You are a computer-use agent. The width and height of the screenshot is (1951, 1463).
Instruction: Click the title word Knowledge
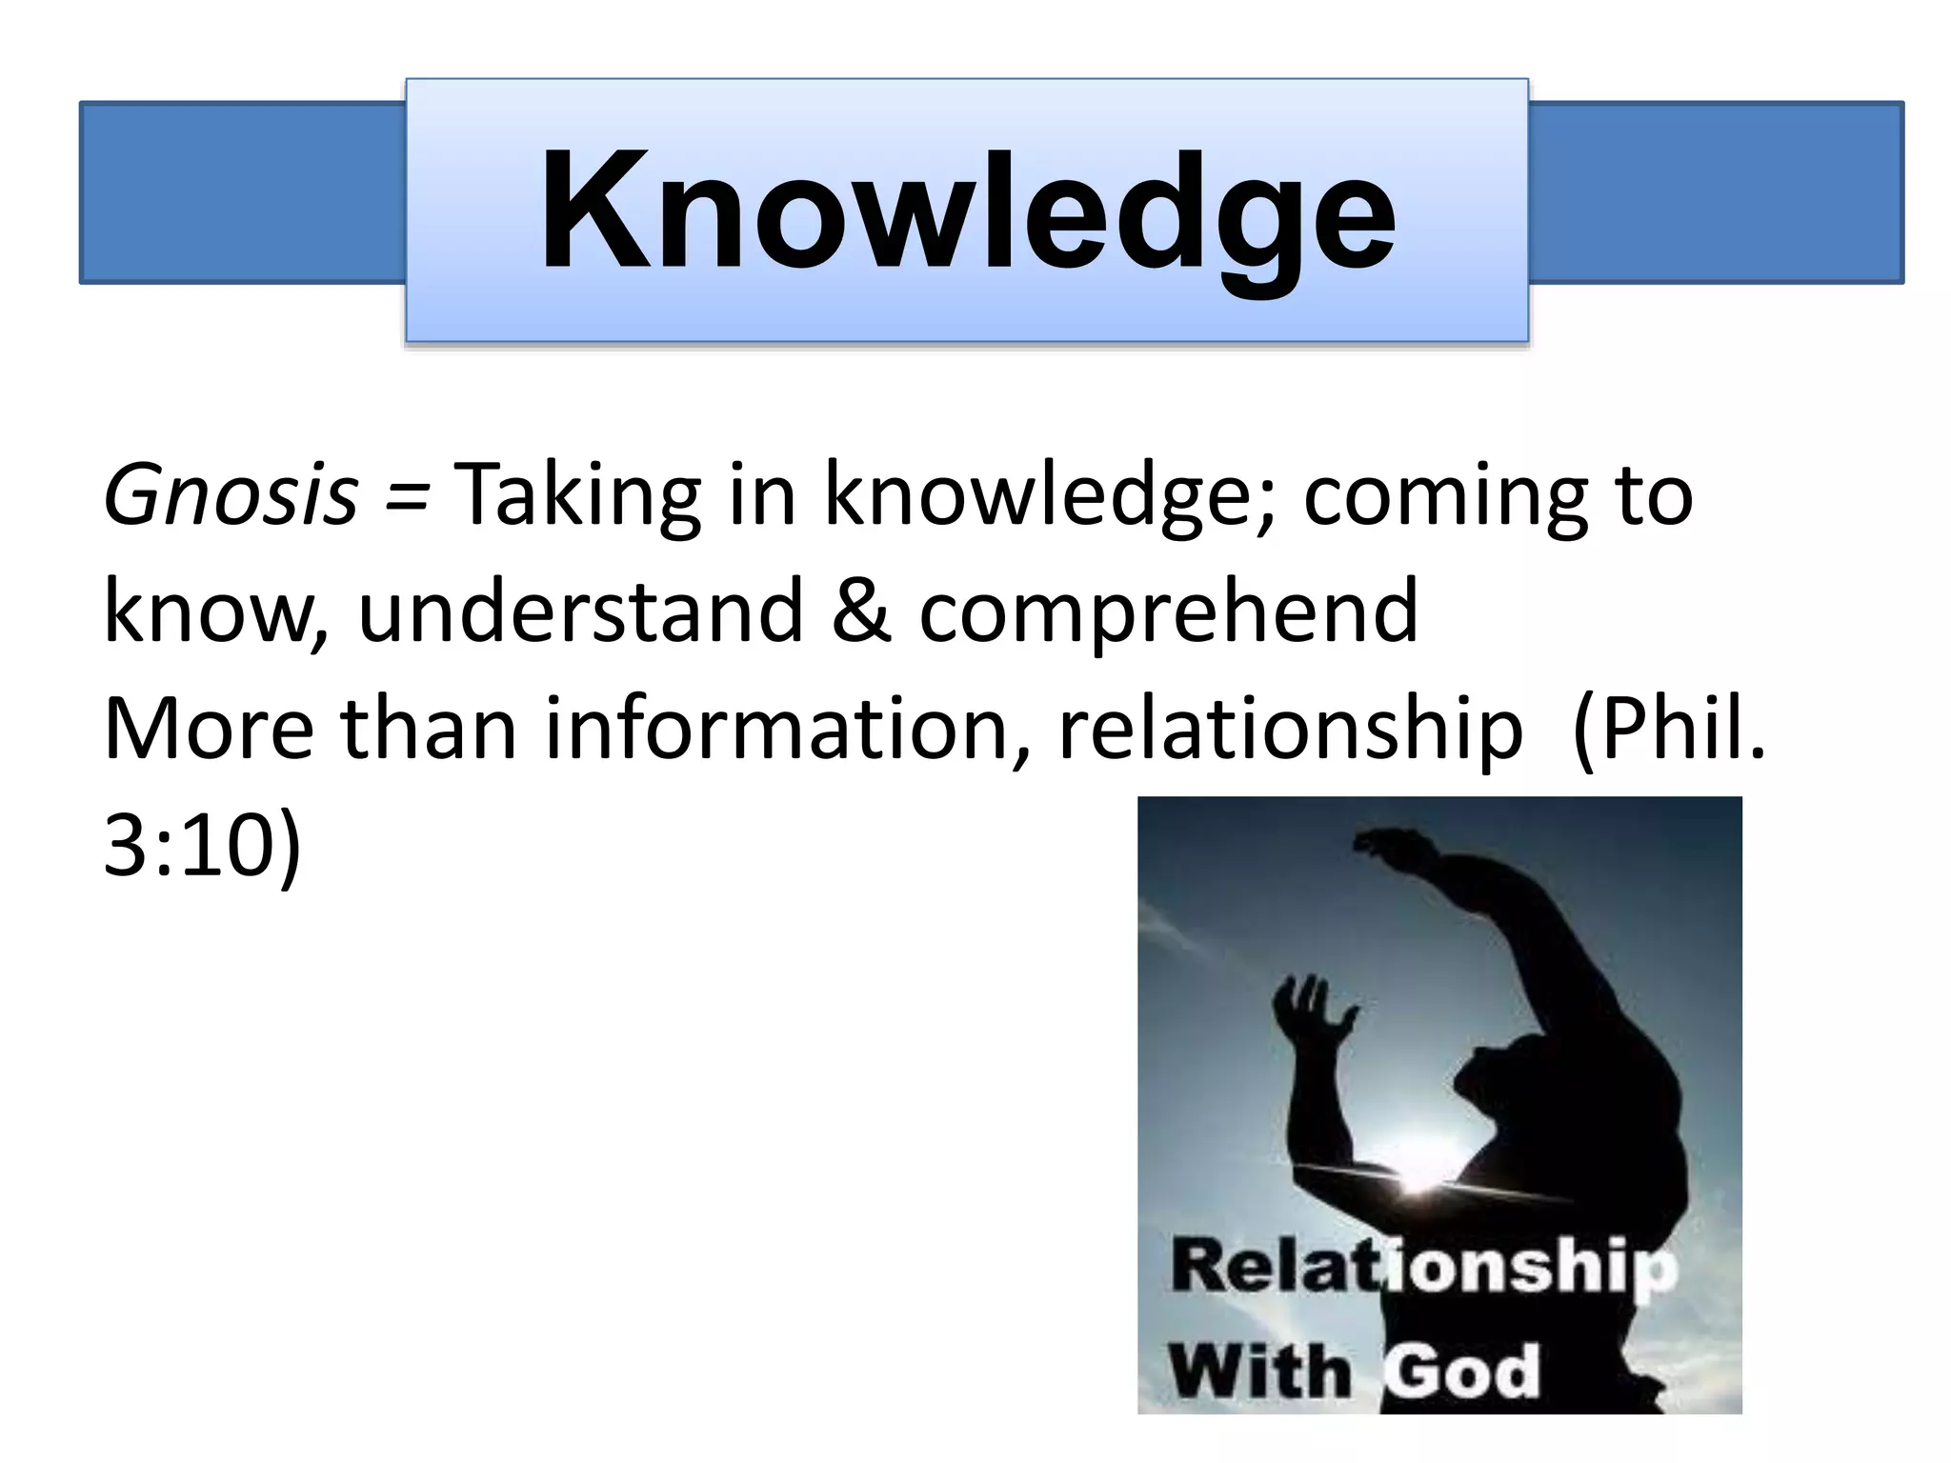tap(967, 211)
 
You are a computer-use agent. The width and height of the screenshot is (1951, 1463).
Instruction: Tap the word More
tap(208, 729)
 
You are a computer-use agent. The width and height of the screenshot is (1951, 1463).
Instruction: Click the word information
tap(787, 729)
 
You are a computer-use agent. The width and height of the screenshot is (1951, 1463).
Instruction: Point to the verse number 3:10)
tap(202, 846)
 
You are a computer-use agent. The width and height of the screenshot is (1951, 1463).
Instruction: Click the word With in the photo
tap(1259, 1372)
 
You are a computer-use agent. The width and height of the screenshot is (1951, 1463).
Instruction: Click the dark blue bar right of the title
tap(1715, 192)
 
